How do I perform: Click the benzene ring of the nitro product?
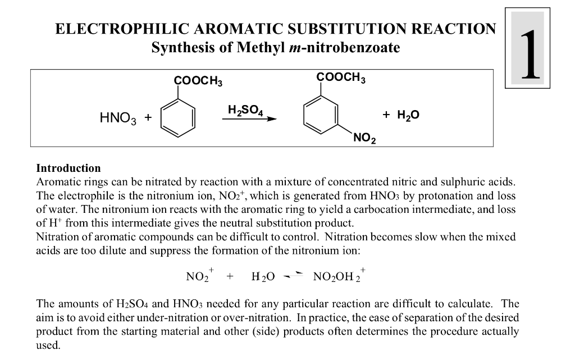(321, 113)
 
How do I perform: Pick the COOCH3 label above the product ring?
(340, 77)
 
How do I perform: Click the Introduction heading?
(69, 168)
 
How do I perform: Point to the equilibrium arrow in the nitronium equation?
(295, 276)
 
